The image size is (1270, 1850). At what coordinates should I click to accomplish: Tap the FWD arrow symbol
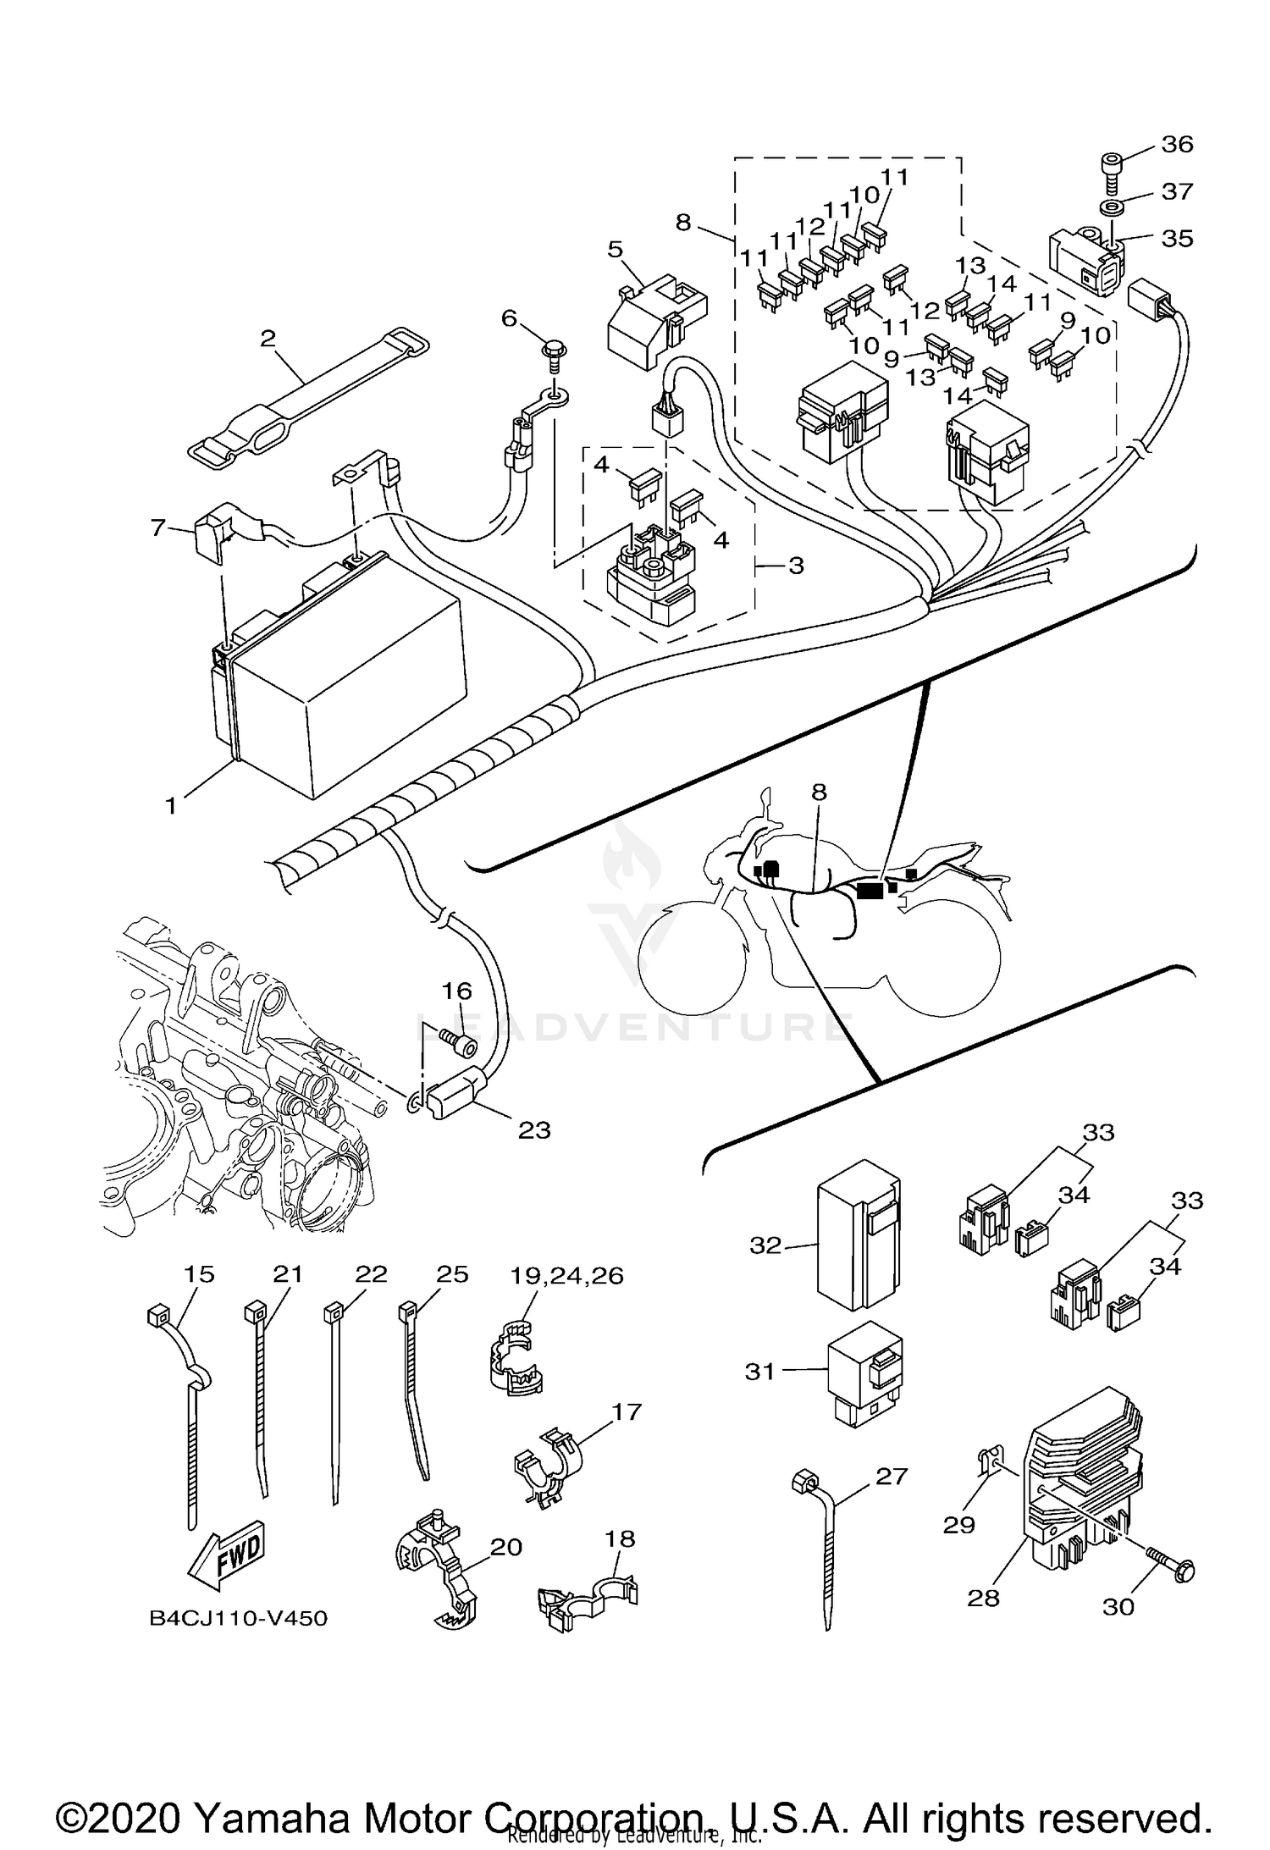pyautogui.click(x=227, y=1556)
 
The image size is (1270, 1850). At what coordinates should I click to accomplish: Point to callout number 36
pyautogui.click(x=1177, y=145)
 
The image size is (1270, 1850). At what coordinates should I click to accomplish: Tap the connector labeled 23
pyautogui.click(x=457, y=1097)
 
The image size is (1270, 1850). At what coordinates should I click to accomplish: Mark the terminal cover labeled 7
pyautogui.click(x=213, y=533)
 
